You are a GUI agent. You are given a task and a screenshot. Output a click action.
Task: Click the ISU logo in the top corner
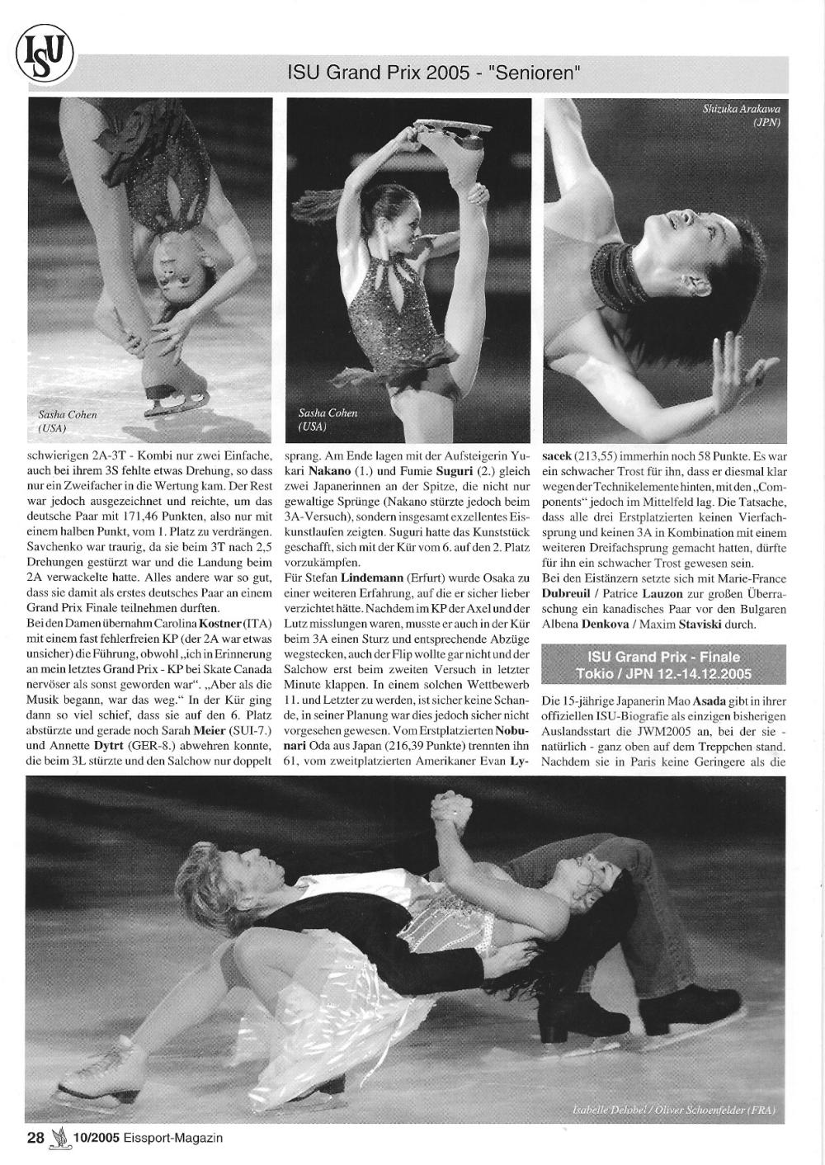tap(44, 56)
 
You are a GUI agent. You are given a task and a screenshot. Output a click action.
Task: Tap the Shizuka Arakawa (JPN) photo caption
tap(741, 116)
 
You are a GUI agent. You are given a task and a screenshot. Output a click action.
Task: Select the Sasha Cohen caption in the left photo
tap(68, 421)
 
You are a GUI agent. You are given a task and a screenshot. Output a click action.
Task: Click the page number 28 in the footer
tap(35, 1138)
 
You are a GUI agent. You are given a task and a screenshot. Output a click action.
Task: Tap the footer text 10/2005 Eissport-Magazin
tap(148, 1138)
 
